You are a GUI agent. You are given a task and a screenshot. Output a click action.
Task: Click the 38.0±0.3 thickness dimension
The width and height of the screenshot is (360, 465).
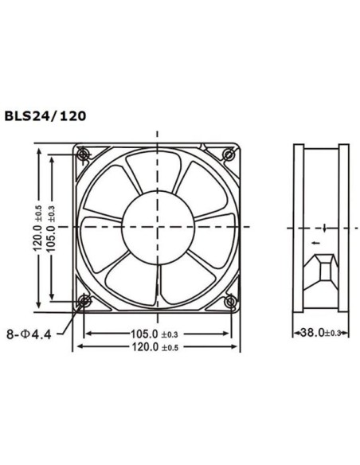(x=321, y=333)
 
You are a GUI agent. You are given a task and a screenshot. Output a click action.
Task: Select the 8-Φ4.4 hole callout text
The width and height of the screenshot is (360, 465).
(x=29, y=333)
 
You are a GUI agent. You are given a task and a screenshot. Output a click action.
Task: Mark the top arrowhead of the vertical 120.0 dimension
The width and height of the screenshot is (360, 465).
(x=37, y=149)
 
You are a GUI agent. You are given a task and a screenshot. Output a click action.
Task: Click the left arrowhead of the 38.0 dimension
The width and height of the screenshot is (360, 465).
(x=297, y=333)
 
